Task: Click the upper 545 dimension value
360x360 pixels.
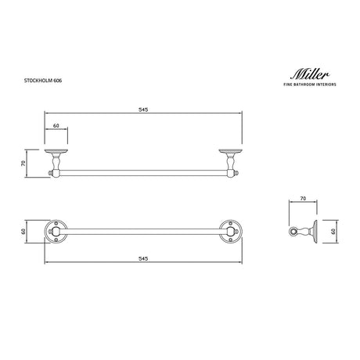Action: pos(145,110)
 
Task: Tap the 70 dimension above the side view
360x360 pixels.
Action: pos(302,200)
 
